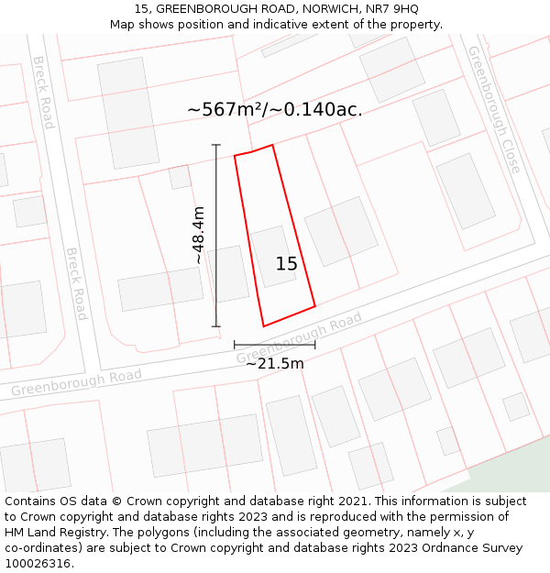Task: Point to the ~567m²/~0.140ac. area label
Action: tap(275, 109)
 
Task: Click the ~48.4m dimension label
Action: tap(199, 236)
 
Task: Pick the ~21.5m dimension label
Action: tap(274, 363)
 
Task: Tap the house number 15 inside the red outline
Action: tap(286, 264)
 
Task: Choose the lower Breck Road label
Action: tap(76, 283)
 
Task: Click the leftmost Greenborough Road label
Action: tap(76, 383)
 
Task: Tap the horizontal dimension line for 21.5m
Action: tap(274, 345)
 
